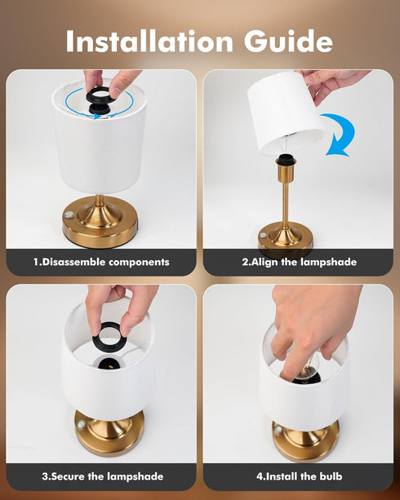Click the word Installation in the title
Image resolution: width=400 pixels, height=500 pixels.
(149, 41)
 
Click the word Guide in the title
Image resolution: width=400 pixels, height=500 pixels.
(289, 41)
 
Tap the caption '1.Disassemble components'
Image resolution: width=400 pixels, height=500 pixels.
(101, 262)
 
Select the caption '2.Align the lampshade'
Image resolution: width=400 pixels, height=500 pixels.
(299, 262)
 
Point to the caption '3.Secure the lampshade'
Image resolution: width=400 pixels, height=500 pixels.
(103, 476)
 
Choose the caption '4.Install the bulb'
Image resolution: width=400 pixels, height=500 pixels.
(299, 476)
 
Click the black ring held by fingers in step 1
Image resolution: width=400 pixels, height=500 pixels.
(98, 95)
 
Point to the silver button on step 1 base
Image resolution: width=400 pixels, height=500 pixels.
(69, 215)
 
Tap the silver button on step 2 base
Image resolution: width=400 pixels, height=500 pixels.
(263, 236)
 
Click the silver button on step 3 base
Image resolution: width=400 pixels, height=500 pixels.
(82, 425)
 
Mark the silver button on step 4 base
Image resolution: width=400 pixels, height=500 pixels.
(278, 430)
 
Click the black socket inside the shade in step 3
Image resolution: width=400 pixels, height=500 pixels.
(109, 364)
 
